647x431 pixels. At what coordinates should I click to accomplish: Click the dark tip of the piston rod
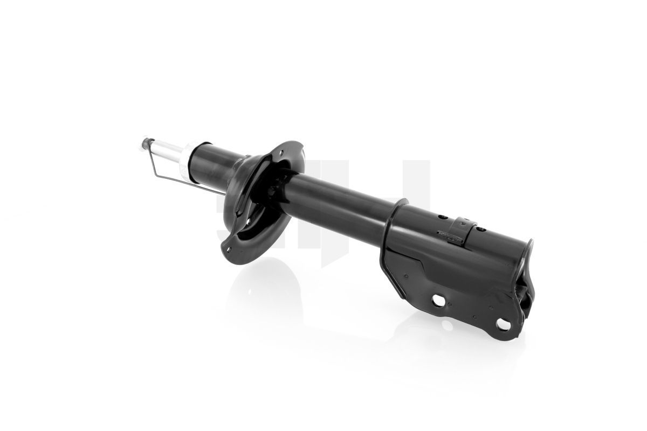pyautogui.click(x=144, y=143)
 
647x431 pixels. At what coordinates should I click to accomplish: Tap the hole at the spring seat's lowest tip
pyautogui.click(x=229, y=249)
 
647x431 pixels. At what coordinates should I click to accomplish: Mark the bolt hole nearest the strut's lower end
pyautogui.click(x=503, y=323)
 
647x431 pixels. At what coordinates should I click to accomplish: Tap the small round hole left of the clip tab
pyautogui.click(x=442, y=217)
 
